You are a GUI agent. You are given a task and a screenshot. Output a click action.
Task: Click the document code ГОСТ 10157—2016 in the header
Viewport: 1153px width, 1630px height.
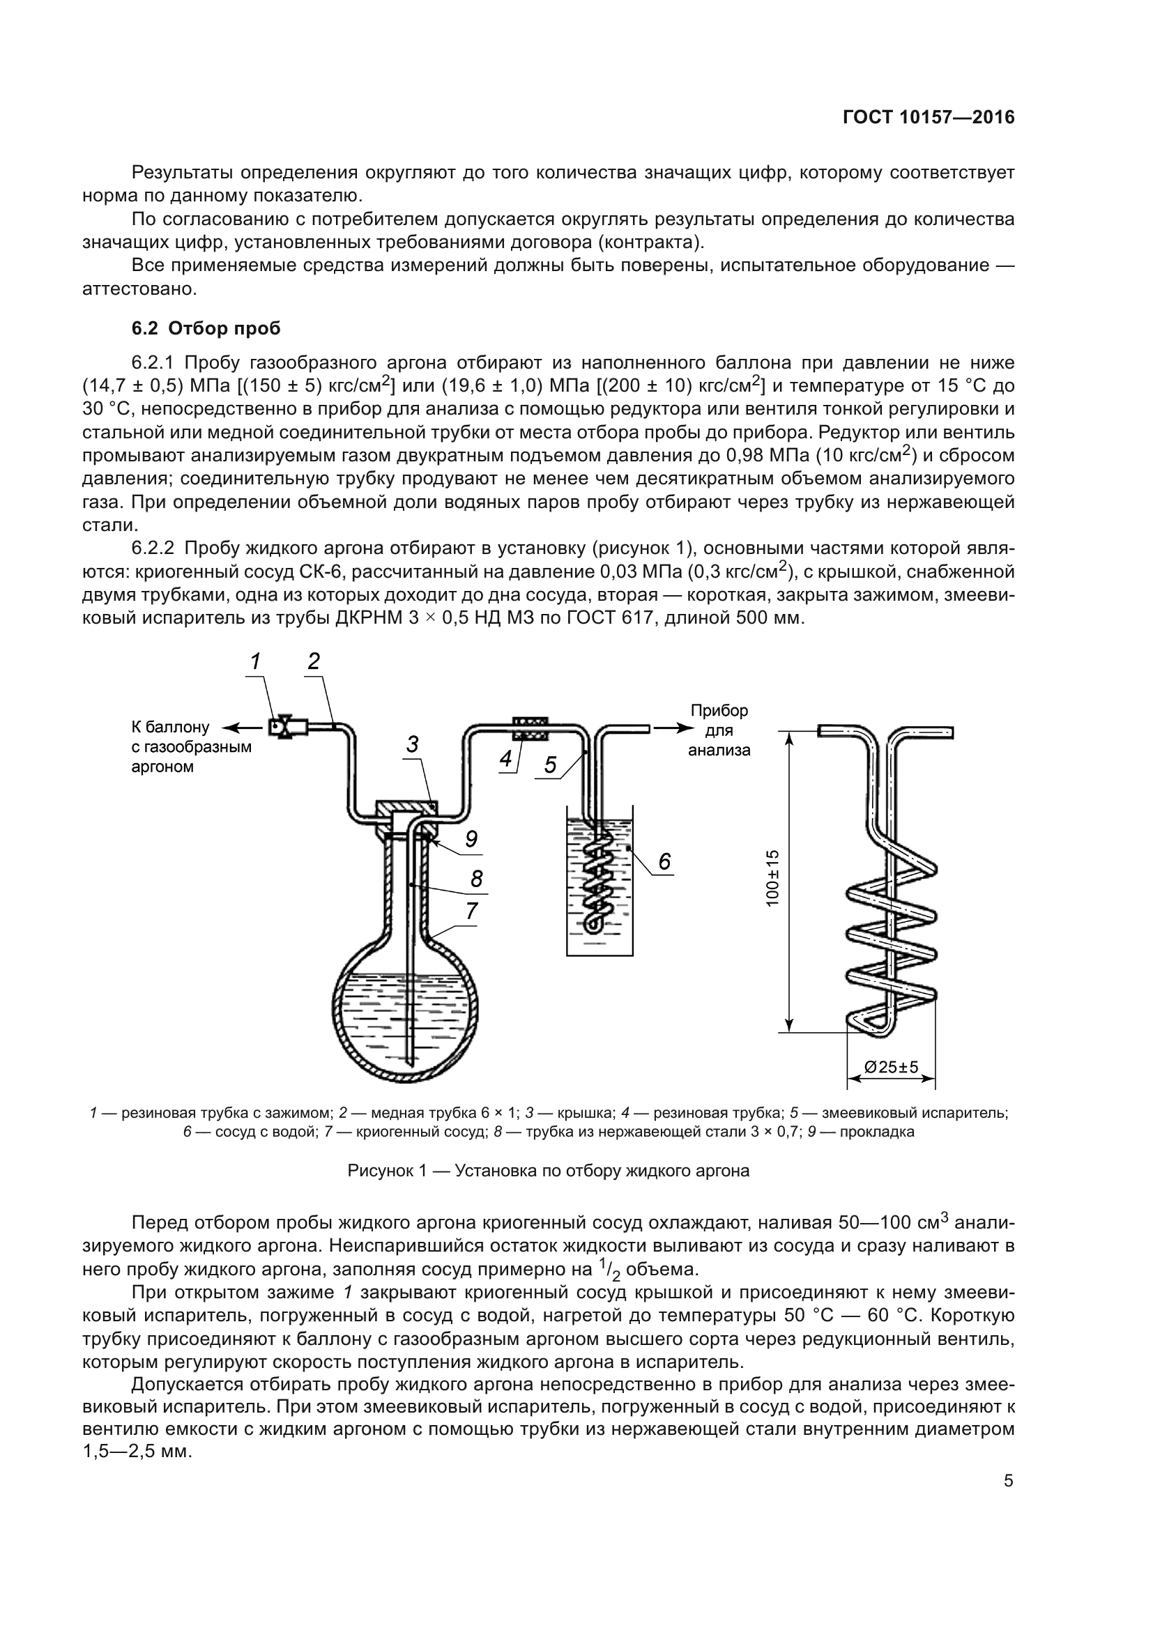[928, 118]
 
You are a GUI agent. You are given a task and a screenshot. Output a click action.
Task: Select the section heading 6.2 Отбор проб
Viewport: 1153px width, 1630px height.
[206, 329]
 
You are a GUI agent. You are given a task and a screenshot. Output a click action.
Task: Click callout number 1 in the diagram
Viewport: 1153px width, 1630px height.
[255, 661]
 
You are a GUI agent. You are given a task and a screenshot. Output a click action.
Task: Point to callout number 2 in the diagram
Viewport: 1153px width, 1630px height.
[314, 661]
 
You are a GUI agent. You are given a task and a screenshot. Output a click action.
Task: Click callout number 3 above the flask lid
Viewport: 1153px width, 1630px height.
[413, 745]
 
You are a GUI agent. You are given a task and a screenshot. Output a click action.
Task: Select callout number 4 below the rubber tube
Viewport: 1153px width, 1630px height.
[505, 759]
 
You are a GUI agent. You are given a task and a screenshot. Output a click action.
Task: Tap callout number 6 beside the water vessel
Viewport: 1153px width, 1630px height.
[664, 861]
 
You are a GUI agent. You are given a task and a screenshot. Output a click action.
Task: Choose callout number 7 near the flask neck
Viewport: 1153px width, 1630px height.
[472, 911]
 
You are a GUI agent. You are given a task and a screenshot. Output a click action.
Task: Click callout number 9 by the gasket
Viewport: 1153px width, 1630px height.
[471, 839]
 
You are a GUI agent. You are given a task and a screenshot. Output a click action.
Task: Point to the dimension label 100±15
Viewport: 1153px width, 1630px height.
[773, 877]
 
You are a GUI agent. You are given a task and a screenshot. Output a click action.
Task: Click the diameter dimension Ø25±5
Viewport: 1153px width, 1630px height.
[891, 1067]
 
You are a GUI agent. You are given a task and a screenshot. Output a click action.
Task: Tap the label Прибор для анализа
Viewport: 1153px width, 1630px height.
[719, 730]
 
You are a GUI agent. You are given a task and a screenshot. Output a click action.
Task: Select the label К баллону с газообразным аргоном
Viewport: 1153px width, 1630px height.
[191, 747]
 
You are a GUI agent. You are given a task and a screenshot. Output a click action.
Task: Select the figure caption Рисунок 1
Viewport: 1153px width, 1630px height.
[548, 1171]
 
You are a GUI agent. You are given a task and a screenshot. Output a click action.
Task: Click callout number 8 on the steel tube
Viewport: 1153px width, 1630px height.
[476, 879]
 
